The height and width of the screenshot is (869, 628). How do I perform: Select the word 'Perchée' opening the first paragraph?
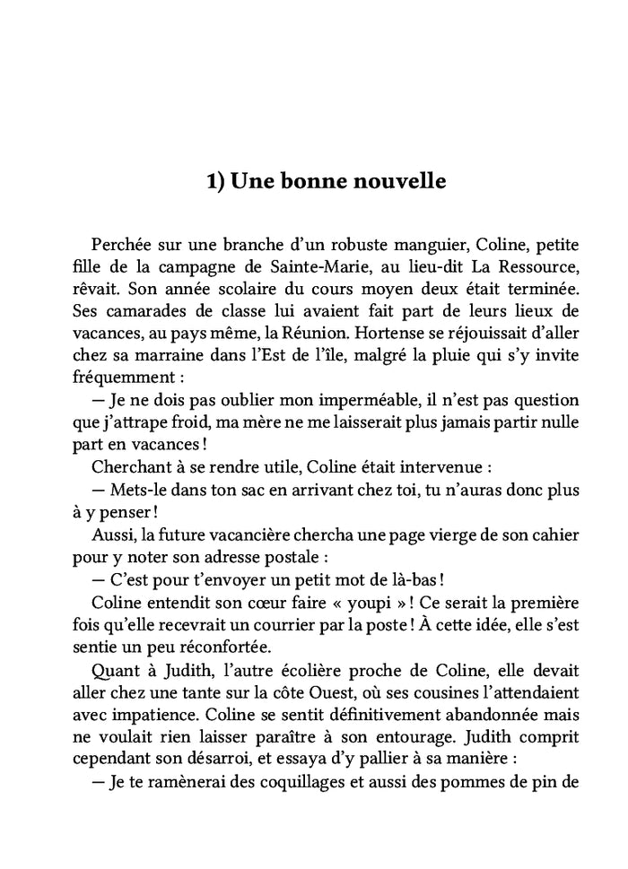click(x=121, y=245)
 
